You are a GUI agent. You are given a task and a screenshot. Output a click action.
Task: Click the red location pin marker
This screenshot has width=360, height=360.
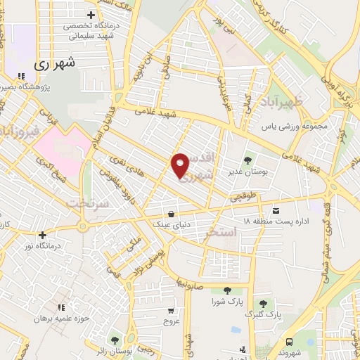[180, 165]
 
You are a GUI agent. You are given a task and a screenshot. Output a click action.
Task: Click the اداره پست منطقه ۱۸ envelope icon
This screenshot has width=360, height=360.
[275, 210]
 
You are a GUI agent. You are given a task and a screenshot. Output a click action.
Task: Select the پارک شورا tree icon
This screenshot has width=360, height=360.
[227, 290]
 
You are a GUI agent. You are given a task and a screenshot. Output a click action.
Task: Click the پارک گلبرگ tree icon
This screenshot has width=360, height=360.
[263, 303]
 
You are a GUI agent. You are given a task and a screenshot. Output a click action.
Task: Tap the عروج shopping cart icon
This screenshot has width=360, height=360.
[171, 310]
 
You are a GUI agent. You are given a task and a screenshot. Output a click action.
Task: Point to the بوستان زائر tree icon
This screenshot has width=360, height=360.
[114, 340]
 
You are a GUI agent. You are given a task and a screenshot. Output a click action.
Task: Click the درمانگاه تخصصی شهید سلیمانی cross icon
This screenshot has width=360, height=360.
[91, 15]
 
